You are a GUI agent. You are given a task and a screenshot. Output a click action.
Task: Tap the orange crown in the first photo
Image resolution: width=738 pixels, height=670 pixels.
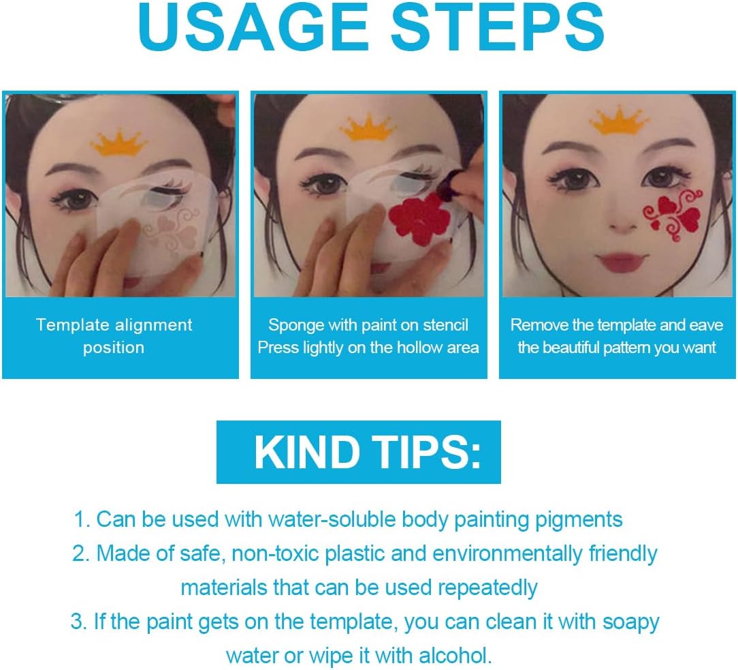118,142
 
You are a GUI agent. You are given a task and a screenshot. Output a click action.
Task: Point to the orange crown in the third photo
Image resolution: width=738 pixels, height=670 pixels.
619,121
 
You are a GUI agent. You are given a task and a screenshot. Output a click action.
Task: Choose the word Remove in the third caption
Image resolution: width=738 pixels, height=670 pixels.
539,325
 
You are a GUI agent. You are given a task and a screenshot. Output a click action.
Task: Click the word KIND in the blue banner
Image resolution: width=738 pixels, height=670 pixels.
307,452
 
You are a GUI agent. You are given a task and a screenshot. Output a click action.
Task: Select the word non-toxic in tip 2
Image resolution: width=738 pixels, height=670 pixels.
275,553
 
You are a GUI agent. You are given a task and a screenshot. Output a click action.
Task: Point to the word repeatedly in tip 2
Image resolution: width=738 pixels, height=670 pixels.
487,588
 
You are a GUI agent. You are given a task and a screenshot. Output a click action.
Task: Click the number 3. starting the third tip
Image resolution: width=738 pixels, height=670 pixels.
78,622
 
